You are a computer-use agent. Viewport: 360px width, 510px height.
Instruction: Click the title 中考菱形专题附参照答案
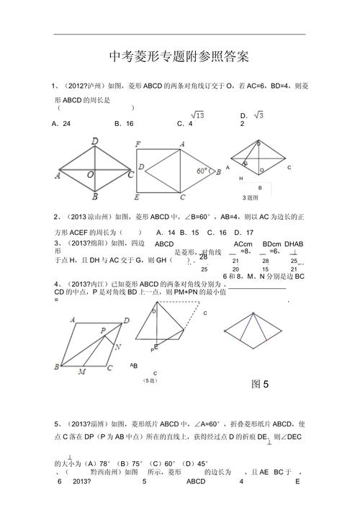click(179, 56)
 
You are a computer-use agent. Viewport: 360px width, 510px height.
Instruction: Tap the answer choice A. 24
click(61, 124)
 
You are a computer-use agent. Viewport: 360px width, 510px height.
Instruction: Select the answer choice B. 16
click(124, 124)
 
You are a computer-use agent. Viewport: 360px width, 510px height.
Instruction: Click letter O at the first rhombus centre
click(90, 175)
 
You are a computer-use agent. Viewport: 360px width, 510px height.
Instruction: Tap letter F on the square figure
click(138, 144)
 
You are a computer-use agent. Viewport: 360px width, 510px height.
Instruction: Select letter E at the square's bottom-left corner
click(137, 197)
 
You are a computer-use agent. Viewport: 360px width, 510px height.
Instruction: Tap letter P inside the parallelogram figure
click(103, 331)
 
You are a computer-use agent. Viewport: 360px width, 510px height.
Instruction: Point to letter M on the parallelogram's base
click(81, 372)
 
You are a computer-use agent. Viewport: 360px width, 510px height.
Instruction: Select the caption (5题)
click(150, 380)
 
